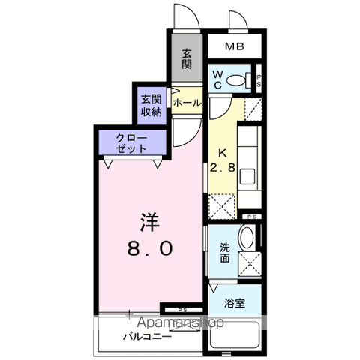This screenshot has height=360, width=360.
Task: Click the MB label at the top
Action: [235, 48]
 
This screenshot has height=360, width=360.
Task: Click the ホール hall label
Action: [186, 101]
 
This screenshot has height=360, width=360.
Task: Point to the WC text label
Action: [216, 80]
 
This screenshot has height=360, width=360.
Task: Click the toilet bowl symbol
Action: [238, 79]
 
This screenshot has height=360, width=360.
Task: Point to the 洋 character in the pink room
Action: [147, 223]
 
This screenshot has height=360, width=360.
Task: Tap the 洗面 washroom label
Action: [224, 251]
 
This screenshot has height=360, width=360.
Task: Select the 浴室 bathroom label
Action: [234, 303]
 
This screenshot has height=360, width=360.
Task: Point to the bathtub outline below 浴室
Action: [235, 334]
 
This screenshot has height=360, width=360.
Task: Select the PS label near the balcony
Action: [182, 309]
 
